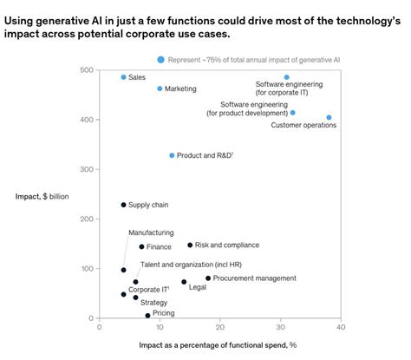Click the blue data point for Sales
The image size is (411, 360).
[x=123, y=77]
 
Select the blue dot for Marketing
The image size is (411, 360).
[x=160, y=88]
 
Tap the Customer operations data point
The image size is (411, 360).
[x=329, y=117]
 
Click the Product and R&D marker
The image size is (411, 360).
[x=172, y=155]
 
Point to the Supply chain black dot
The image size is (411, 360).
[x=123, y=205]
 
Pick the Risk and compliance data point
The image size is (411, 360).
[x=190, y=245]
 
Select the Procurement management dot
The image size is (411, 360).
[x=208, y=278]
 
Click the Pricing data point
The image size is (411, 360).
[x=147, y=316]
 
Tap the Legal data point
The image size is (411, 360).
[x=184, y=282]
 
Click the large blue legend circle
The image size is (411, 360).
[x=160, y=59]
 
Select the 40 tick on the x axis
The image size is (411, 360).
[x=341, y=327]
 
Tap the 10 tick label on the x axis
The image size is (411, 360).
[x=160, y=327]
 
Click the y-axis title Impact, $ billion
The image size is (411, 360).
[x=42, y=196]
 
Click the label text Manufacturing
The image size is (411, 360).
[x=151, y=232]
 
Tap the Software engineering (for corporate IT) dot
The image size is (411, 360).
[x=287, y=77]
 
